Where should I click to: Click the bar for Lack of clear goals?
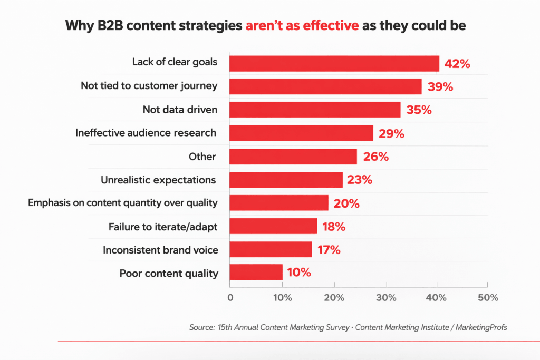tap(334, 63)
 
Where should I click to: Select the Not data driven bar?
tap(315, 110)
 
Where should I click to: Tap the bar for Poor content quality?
tap(256, 273)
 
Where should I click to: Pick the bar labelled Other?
tap(293, 157)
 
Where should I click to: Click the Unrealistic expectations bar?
tap(286, 180)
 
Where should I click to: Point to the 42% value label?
tap(457, 64)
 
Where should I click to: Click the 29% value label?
tap(391, 134)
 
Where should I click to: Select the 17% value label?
tap(327, 250)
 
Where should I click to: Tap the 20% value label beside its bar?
tap(346, 203)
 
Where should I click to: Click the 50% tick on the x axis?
tap(488, 297)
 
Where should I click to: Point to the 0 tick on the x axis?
tap(230, 297)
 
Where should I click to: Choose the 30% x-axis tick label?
tap(386, 297)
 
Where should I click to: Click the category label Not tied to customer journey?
tap(149, 85)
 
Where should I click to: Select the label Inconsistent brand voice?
tap(160, 250)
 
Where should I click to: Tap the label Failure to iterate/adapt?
tap(163, 227)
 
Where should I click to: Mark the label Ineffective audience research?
tap(146, 133)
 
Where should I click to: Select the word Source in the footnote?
tap(201, 327)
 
